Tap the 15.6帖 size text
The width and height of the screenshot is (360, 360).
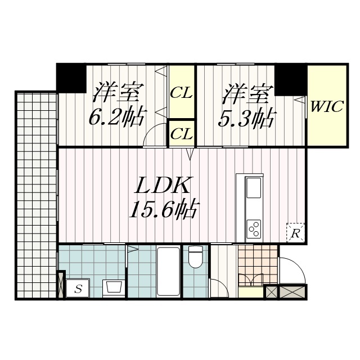tap(163, 211)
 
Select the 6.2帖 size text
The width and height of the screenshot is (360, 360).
tap(117, 118)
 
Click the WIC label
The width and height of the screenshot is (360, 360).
tap(327, 106)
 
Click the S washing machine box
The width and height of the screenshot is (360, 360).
tap(78, 289)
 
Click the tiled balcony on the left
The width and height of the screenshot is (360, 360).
tap(36, 194)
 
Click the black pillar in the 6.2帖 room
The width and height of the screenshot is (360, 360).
tap(70, 78)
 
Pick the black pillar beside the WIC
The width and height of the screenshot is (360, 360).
tap(291, 78)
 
